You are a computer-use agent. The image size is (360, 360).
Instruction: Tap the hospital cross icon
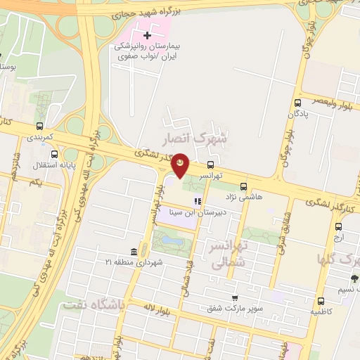(147, 35)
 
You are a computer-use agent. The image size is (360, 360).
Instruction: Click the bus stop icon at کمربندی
(39, 127)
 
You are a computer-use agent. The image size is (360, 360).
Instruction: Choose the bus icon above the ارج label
(339, 226)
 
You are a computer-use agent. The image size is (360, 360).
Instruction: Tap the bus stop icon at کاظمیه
(321, 300)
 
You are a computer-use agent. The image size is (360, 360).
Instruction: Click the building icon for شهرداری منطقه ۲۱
(134, 252)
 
